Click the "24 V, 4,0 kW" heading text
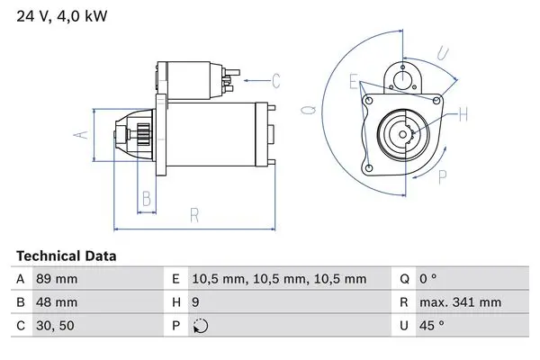(x=62, y=16)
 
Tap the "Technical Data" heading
(x=66, y=256)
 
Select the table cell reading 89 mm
(x=57, y=279)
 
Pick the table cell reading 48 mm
(x=57, y=302)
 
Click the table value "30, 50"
(x=55, y=326)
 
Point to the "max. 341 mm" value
(x=460, y=302)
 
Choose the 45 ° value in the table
(x=431, y=326)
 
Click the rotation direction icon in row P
(x=201, y=326)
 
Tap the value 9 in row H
(x=195, y=302)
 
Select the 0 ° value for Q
(x=428, y=279)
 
